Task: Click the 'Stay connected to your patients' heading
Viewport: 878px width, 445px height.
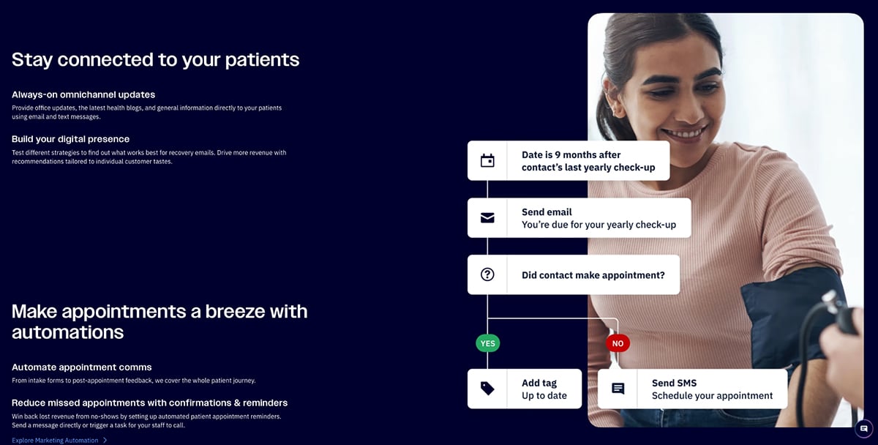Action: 155,59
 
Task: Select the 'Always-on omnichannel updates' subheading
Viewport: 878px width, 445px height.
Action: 83,94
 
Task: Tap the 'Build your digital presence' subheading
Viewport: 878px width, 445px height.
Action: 70,139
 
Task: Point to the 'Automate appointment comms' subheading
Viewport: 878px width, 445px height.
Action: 82,367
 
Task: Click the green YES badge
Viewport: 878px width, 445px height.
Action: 487,343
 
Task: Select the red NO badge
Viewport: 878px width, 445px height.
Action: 618,343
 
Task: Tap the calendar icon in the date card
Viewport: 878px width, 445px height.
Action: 487,160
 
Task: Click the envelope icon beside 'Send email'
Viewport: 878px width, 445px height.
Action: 487,217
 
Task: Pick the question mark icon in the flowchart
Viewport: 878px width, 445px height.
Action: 487,274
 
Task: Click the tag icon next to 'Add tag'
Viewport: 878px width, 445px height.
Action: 487,389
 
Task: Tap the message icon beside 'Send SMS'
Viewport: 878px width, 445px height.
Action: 618,389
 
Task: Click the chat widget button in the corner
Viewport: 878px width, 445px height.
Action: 864,428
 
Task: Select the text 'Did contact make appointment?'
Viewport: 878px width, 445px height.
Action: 593,275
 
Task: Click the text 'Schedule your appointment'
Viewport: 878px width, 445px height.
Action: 712,396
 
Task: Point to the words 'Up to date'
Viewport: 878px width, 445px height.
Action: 544,396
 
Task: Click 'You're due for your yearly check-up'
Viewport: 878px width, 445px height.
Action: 599,225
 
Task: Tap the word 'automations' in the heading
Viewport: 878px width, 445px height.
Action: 67,332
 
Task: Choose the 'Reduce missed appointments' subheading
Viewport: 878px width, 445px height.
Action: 149,403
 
